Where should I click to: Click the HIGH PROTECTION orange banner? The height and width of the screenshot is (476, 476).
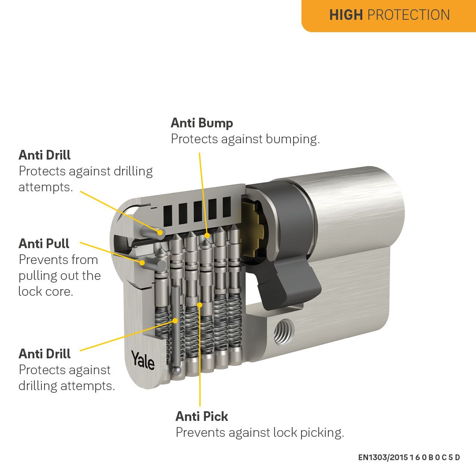pos(389,15)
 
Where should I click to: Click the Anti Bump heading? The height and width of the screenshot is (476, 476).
pos(202,123)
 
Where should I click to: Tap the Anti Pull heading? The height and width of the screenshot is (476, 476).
pos(44,243)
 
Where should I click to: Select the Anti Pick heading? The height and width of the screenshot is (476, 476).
pos(202,416)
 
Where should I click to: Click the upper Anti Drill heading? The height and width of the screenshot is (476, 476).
pos(45,155)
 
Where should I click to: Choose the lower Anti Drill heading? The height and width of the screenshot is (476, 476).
pos(45,354)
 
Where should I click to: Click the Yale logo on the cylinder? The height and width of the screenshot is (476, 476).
pos(143,360)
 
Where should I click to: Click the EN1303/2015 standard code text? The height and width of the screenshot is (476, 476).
pos(409,457)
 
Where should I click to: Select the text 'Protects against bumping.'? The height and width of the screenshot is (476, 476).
pos(245,139)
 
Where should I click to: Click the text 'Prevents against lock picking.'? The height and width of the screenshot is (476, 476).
pos(260,432)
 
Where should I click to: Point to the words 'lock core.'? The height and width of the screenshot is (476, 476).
pos(45,291)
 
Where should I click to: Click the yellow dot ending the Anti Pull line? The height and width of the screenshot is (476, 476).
pos(142,263)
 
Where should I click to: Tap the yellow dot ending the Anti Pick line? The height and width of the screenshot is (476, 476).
pos(200,305)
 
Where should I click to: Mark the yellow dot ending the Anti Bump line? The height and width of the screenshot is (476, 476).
pos(206,236)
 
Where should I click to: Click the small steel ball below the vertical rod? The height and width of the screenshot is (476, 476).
pos(176,372)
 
